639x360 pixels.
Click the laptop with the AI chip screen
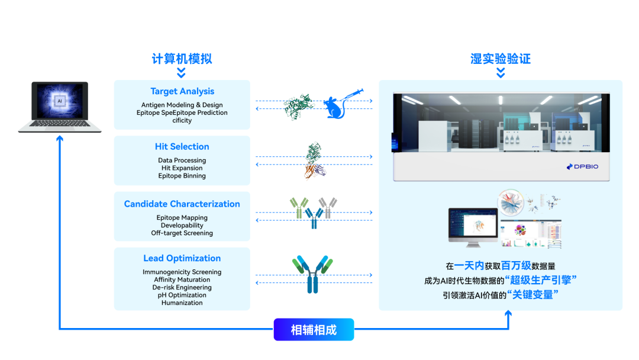click(59, 107)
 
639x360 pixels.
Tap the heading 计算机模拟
click(182, 59)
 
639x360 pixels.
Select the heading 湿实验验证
click(501, 59)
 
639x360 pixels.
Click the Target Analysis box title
click(182, 92)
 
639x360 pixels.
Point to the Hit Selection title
click(182, 147)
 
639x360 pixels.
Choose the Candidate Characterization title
click(182, 204)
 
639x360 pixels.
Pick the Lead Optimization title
click(182, 259)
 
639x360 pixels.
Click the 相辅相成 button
click(314, 330)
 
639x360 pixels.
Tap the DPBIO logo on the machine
click(582, 166)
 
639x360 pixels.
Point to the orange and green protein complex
click(314, 160)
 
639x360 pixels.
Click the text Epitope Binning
click(182, 176)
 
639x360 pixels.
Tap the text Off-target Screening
click(182, 233)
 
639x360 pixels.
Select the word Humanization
click(182, 303)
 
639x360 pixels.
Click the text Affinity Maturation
click(182, 279)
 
